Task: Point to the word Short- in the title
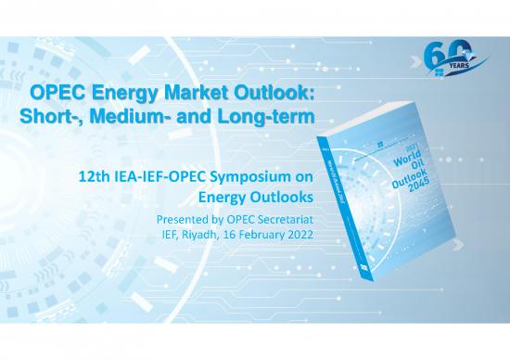(36, 118)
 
